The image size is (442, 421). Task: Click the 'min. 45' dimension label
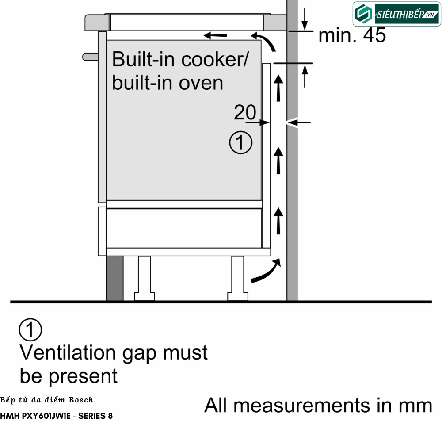pyautogui.click(x=352, y=35)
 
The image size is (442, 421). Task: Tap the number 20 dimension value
pyautogui.click(x=245, y=112)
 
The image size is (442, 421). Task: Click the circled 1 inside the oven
pyautogui.click(x=241, y=142)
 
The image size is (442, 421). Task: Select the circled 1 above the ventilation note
pyautogui.click(x=30, y=329)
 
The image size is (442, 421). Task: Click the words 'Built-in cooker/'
pyautogui.click(x=180, y=59)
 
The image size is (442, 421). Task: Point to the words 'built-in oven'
pyautogui.click(x=168, y=83)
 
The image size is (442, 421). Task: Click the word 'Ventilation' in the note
pyautogui.click(x=68, y=353)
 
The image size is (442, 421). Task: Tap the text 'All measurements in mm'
pyautogui.click(x=318, y=406)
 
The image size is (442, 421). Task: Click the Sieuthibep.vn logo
pyautogui.click(x=396, y=14)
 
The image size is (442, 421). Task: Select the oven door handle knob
pyautogui.click(x=90, y=57)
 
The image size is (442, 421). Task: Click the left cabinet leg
pyautogui.click(x=145, y=278)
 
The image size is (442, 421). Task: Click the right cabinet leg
pyautogui.click(x=238, y=278)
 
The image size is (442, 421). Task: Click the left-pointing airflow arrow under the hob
pyautogui.click(x=215, y=35)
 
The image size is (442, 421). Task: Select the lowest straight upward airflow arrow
pyautogui.click(x=278, y=221)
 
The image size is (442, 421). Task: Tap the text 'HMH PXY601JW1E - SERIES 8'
pyautogui.click(x=57, y=416)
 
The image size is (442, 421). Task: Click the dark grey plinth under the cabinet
pyautogui.click(x=115, y=278)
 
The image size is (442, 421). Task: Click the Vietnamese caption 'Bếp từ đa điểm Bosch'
pyautogui.click(x=46, y=400)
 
